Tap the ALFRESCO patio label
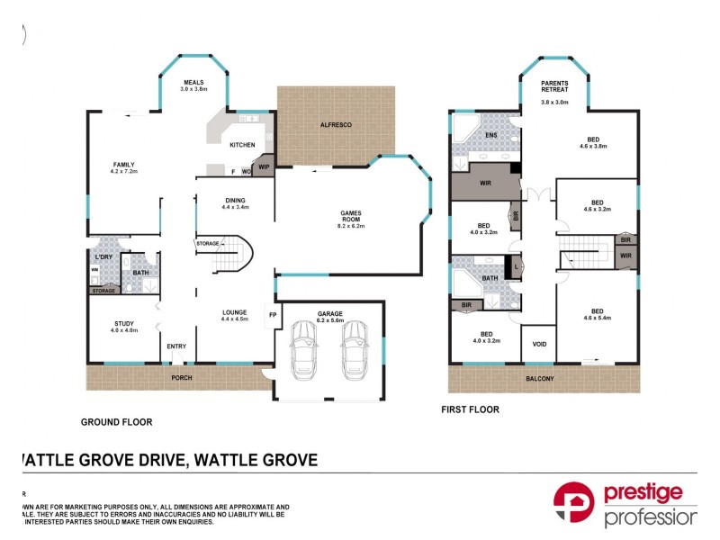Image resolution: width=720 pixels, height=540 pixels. point(336,127)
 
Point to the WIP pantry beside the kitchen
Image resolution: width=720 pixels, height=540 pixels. point(264,167)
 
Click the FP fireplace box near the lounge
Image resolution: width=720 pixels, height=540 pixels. point(271,315)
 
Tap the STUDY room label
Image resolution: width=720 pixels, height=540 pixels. point(124,326)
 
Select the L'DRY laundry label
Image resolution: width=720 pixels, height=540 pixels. point(103,258)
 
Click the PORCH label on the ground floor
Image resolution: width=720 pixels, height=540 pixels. point(181,378)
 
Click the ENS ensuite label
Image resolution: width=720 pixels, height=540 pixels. point(490,136)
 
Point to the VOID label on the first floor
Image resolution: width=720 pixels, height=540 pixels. point(538,344)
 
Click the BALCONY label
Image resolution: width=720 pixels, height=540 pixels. point(540,379)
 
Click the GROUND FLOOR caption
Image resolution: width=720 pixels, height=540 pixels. point(116,421)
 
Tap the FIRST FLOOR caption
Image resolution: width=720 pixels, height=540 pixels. point(469,409)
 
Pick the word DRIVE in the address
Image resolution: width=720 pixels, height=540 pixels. point(162,460)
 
